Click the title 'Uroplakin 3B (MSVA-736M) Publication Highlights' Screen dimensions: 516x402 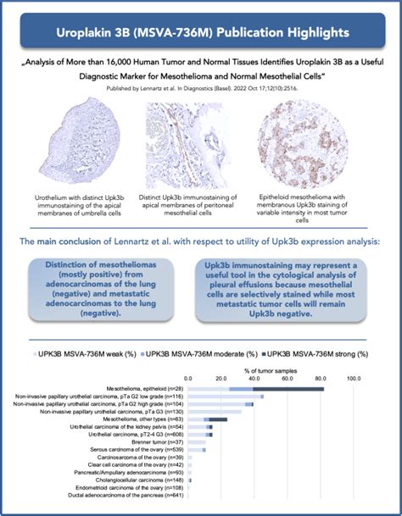pyautogui.click(x=200, y=32)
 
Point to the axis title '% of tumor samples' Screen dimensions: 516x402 pyautogui.click(x=271, y=369)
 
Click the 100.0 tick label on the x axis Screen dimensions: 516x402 pyautogui.click(x=354, y=378)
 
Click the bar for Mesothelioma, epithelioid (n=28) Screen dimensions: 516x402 pyautogui.click(x=255, y=388)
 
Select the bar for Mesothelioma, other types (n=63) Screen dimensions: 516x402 pyautogui.click(x=208, y=419)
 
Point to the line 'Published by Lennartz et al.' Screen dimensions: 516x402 pyautogui.click(x=200, y=87)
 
